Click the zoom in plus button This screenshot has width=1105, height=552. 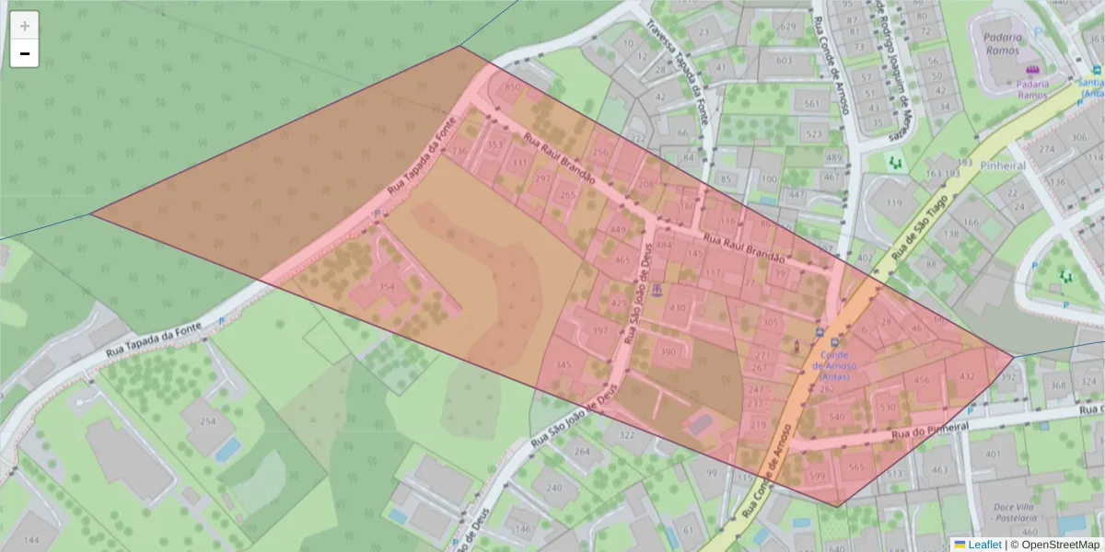[25, 26]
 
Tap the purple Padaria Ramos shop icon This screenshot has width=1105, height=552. [1030, 70]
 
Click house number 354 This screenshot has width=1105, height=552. [387, 287]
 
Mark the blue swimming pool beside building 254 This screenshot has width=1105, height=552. [227, 450]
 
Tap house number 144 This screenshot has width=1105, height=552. [32, 539]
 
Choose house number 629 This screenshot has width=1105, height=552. [787, 28]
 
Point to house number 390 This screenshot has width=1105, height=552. [669, 351]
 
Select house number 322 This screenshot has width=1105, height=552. [628, 435]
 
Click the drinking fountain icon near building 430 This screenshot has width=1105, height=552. [657, 291]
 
